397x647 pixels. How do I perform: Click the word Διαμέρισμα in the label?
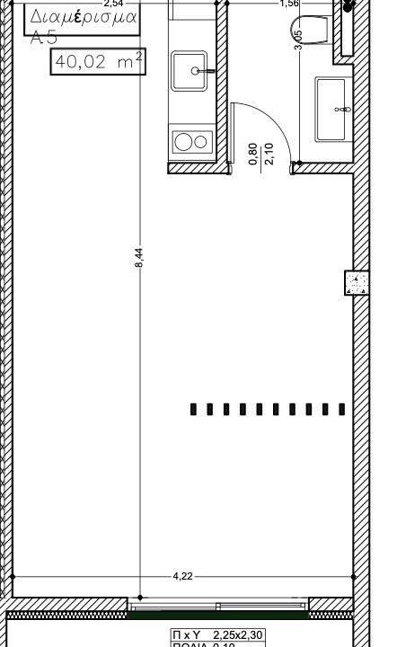click(84, 17)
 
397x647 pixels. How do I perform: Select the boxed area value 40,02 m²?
click(97, 62)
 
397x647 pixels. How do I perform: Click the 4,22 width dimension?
click(183, 576)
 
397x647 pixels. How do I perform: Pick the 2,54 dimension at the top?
click(114, 4)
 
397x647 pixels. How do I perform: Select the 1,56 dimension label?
click(289, 4)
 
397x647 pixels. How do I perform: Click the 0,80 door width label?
click(252, 155)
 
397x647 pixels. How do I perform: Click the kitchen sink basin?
click(191, 70)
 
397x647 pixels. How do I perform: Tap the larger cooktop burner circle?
click(183, 141)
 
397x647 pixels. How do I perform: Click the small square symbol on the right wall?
click(357, 283)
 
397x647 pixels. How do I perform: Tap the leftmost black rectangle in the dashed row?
click(194, 409)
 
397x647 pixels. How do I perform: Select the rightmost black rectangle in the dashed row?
click(341, 409)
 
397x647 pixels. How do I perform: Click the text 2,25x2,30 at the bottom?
click(238, 635)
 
